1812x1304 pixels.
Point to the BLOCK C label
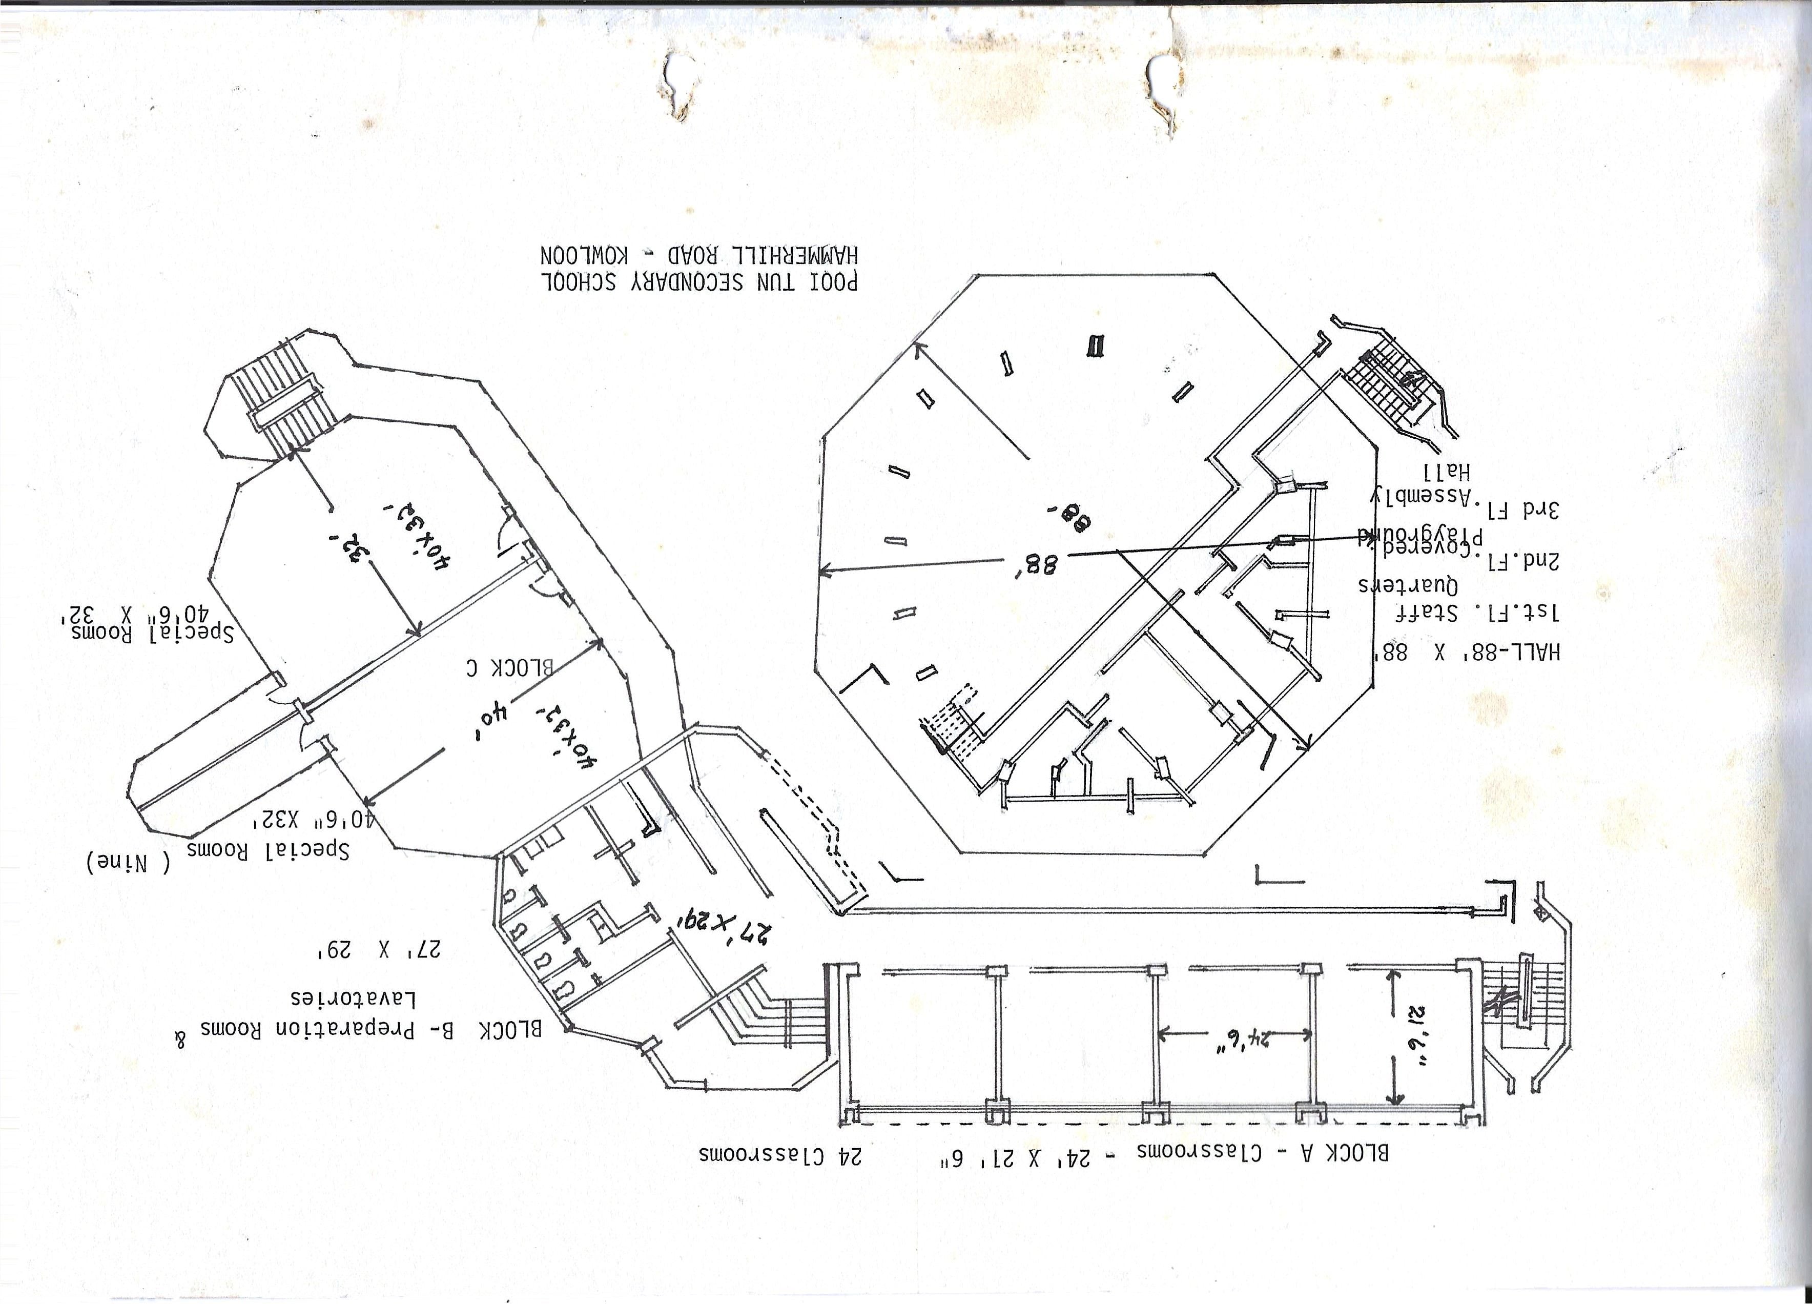point(510,668)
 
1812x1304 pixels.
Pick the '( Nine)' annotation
point(128,863)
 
